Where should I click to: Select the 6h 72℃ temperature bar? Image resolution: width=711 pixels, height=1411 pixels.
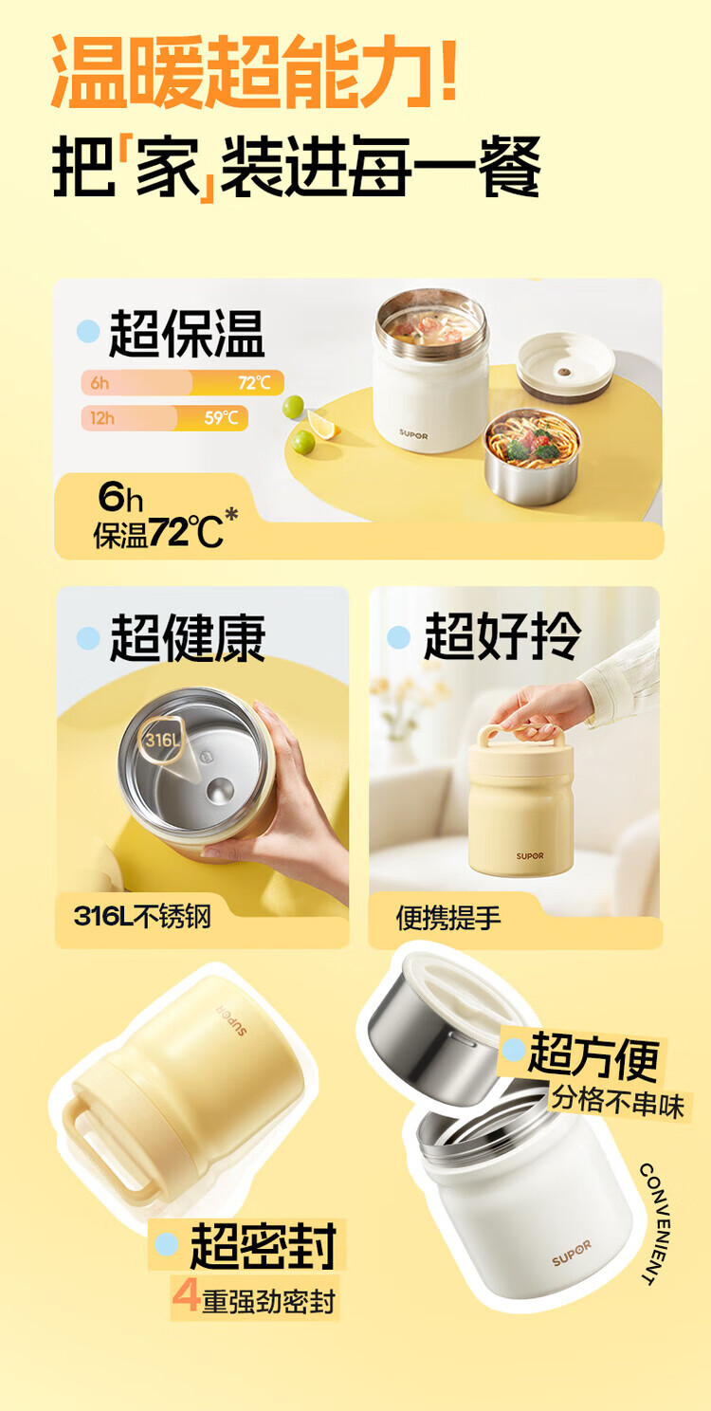point(182,382)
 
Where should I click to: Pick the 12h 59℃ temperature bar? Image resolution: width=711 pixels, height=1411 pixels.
point(164,418)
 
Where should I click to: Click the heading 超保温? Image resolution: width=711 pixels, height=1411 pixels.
point(187,334)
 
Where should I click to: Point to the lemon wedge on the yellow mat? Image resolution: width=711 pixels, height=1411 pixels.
point(323,423)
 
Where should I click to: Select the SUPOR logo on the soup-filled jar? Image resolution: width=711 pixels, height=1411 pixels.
point(413,434)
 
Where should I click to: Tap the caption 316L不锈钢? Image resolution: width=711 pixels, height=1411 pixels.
point(141,917)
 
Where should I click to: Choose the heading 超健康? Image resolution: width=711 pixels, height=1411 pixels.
point(188,638)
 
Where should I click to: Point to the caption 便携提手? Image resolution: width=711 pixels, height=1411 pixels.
point(448,919)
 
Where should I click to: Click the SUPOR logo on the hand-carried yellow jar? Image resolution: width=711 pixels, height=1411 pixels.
point(530,856)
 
